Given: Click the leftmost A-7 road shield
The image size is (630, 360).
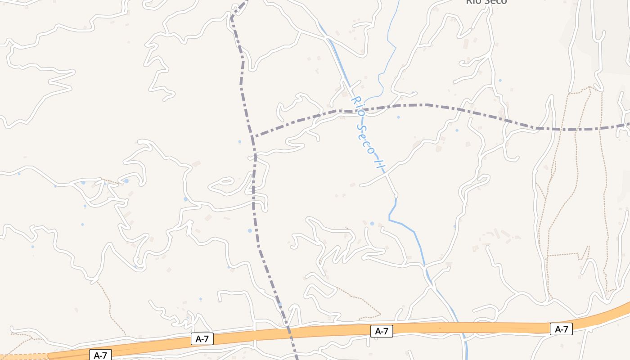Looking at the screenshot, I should coord(100,355).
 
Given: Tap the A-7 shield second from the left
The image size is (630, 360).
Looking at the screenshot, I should coord(202,339).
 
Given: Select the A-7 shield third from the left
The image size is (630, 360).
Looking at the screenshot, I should coord(382,331).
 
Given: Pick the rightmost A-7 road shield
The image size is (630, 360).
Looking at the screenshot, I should coord(561,329).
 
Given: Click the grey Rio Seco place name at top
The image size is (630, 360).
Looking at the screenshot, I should coord(486,1).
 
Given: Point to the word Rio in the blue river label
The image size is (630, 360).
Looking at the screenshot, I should coord(358,104).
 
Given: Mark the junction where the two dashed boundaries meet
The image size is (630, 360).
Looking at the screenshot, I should coord(253,136).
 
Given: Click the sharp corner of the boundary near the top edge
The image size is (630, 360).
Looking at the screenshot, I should coord(231,19).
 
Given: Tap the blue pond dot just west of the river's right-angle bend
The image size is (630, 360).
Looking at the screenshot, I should coord(372,223).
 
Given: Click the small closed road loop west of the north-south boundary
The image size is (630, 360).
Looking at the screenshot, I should coord(221,184).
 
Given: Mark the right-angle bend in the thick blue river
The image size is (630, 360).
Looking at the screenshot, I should coord(390,220).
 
